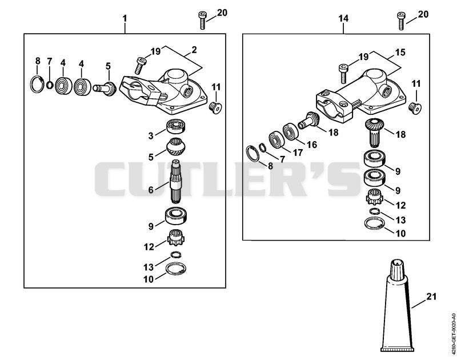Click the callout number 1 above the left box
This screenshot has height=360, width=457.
click(x=125, y=19)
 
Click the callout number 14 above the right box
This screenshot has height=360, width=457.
click(x=343, y=18)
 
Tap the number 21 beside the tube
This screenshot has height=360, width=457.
click(x=431, y=297)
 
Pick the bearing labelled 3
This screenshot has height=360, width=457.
click(x=177, y=126)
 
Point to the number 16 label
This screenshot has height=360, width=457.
click(x=312, y=145)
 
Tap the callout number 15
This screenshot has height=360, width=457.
click(x=400, y=53)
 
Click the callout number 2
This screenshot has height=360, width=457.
click(x=194, y=50)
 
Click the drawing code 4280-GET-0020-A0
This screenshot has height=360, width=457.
click(x=452, y=334)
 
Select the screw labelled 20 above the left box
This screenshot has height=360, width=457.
click(x=202, y=20)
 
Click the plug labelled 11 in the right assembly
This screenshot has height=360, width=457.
click(x=415, y=108)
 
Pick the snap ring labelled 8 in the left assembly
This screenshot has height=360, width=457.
click(x=37, y=84)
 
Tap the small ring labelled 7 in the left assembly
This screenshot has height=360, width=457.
click(x=50, y=85)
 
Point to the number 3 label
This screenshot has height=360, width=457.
click(x=151, y=136)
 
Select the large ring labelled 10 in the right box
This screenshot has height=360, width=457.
click(x=375, y=223)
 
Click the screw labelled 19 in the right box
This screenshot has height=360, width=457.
click(x=343, y=73)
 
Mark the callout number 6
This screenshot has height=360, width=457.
click(x=151, y=190)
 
